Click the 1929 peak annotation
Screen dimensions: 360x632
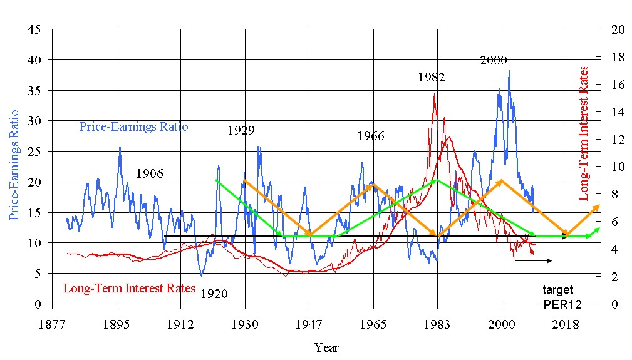coord(241,131)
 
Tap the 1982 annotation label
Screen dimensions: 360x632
coord(431,78)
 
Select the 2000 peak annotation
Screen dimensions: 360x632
coord(494,61)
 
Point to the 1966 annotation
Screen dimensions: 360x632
coord(370,136)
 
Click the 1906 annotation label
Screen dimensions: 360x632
coord(149,173)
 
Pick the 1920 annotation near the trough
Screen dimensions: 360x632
coord(214,293)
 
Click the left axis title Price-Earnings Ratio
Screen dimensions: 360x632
coord(14,165)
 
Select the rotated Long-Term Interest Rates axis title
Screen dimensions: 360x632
coord(584,133)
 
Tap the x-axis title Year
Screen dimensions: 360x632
coord(326,346)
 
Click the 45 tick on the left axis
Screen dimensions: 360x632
coord(35,29)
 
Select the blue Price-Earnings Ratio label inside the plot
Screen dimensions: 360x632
coord(134,127)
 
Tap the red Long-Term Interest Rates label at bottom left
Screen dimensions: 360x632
coord(129,289)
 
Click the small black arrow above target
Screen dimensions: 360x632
coord(533,260)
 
